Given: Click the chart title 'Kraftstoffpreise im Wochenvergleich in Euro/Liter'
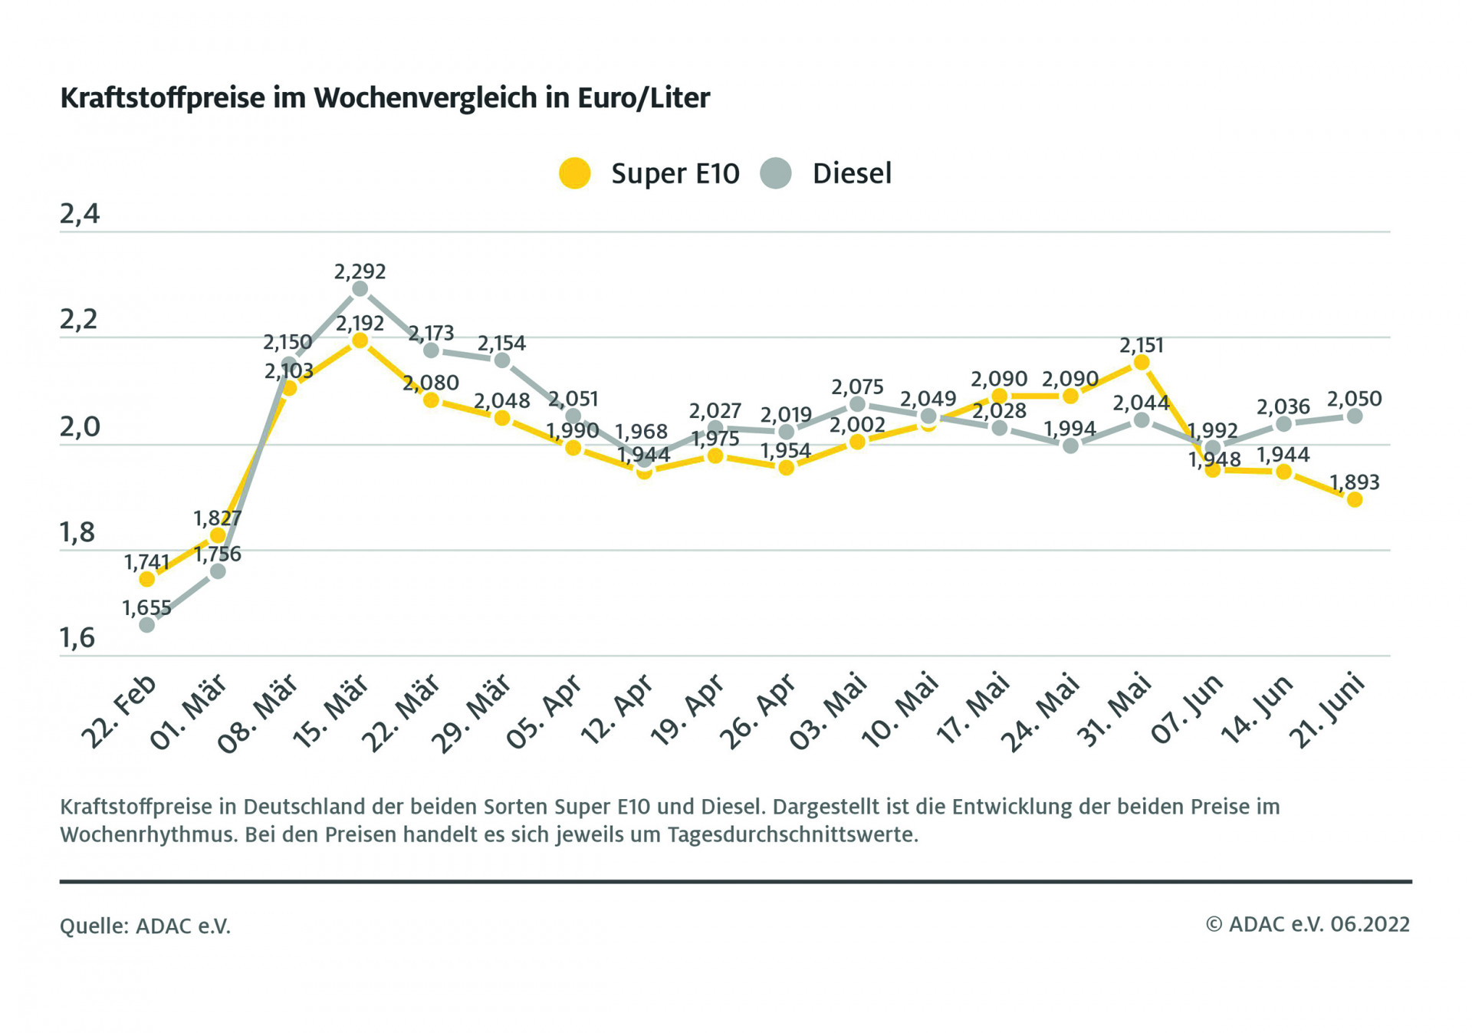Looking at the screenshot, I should tap(385, 98).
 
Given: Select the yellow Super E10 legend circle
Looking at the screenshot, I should tap(574, 173).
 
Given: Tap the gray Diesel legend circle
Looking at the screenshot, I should tap(776, 173).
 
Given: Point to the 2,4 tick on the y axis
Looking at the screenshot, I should tap(80, 214).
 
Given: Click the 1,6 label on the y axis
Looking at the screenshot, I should tap(78, 637).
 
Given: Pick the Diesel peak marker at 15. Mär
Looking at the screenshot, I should tap(360, 289).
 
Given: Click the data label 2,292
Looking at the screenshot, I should tap(360, 271).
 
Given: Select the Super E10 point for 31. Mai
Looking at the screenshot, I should tap(1141, 363).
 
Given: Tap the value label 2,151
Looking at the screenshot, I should tap(1141, 345).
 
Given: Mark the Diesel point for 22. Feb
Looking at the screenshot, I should tap(147, 625).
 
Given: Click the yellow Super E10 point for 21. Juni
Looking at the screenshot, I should tap(1355, 500).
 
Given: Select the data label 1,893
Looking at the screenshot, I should tap(1354, 482).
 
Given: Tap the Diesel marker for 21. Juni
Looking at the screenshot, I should tap(1355, 416).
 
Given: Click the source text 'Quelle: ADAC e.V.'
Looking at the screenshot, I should tap(145, 926).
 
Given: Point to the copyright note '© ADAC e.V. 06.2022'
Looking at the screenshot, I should tap(1307, 924).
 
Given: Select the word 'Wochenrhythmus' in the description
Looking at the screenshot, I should tap(149, 834).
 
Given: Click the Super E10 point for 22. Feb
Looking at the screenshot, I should tap(147, 579).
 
